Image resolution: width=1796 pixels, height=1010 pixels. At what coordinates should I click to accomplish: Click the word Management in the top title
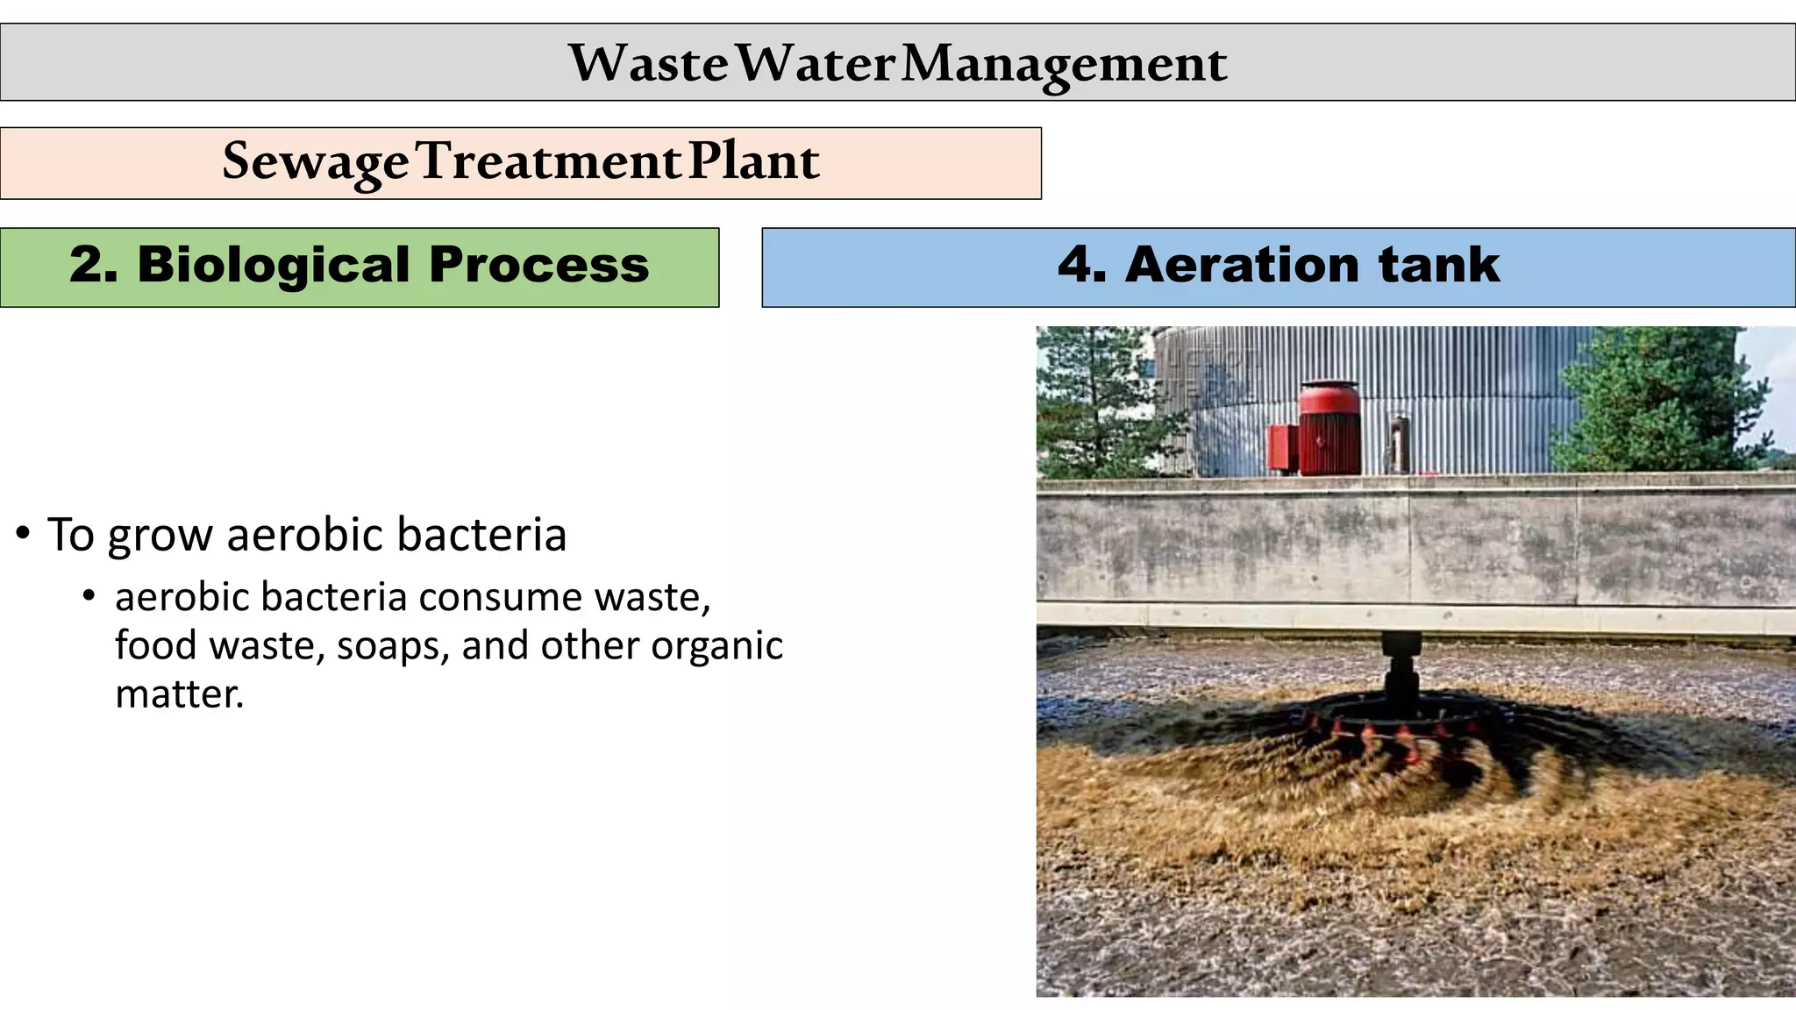tap(1064, 64)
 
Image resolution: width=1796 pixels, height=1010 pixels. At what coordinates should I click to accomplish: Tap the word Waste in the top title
tap(648, 64)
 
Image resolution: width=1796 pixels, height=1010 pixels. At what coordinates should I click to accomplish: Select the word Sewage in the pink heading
tap(315, 162)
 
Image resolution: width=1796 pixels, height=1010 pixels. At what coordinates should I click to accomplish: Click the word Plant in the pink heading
tap(753, 162)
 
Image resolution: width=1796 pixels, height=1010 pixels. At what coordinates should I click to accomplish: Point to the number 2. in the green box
tap(93, 265)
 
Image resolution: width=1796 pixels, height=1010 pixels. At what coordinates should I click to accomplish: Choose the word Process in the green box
tap(538, 265)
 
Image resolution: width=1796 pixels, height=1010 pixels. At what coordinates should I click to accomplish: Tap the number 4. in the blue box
tap(1081, 265)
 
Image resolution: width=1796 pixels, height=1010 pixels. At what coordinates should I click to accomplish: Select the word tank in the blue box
tap(1438, 265)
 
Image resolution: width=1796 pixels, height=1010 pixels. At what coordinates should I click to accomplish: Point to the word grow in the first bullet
tap(160, 537)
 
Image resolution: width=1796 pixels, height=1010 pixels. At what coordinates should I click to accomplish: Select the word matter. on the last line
tap(179, 694)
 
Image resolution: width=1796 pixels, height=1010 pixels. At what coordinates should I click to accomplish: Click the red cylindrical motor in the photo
tap(1329, 429)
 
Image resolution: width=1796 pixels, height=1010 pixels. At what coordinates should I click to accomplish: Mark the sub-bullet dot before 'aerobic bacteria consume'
tap(89, 596)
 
